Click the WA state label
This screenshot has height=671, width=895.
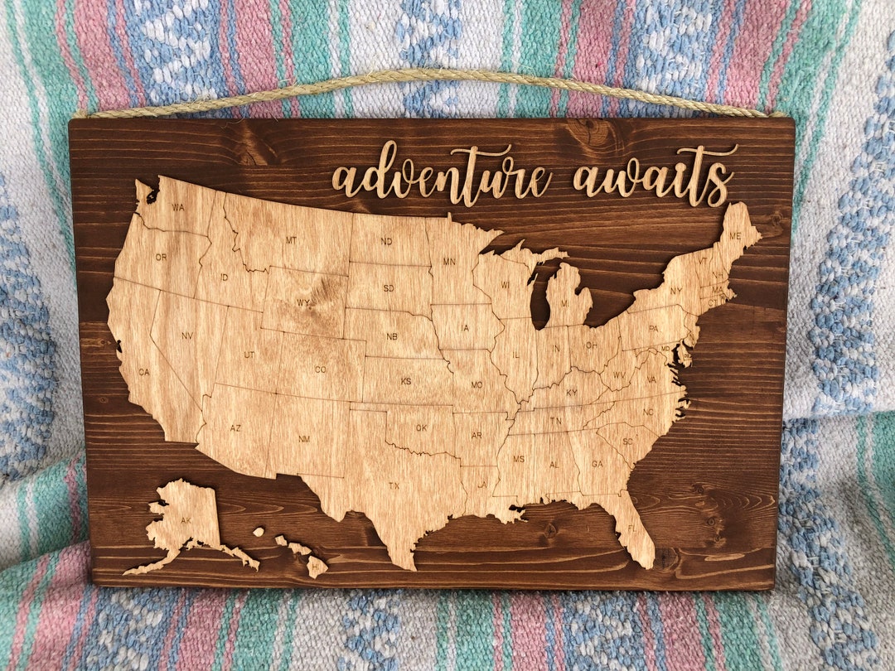coord(178,207)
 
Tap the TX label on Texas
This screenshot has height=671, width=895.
coord(394,485)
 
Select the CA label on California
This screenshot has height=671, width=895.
coord(144,372)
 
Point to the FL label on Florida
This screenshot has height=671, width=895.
coord(632,528)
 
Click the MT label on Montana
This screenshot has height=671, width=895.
coord(291,240)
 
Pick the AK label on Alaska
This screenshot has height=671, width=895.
coord(186,521)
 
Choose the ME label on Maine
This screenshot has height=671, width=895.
coord(734,236)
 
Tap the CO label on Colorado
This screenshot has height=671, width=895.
coord(320,369)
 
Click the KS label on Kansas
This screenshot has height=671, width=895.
coord(406,381)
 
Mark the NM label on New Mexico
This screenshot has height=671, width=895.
coord(304,438)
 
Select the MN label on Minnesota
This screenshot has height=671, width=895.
coord(449,262)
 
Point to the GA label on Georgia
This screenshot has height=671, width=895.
coord(597,464)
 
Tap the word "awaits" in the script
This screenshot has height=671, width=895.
coord(655,176)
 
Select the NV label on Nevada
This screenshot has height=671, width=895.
coord(186,335)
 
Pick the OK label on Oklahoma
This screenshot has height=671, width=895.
coord(422,428)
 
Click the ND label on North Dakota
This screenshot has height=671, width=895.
coord(386,242)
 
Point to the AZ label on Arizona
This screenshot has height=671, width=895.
coord(235,428)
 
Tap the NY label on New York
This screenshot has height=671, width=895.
coord(676,291)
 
